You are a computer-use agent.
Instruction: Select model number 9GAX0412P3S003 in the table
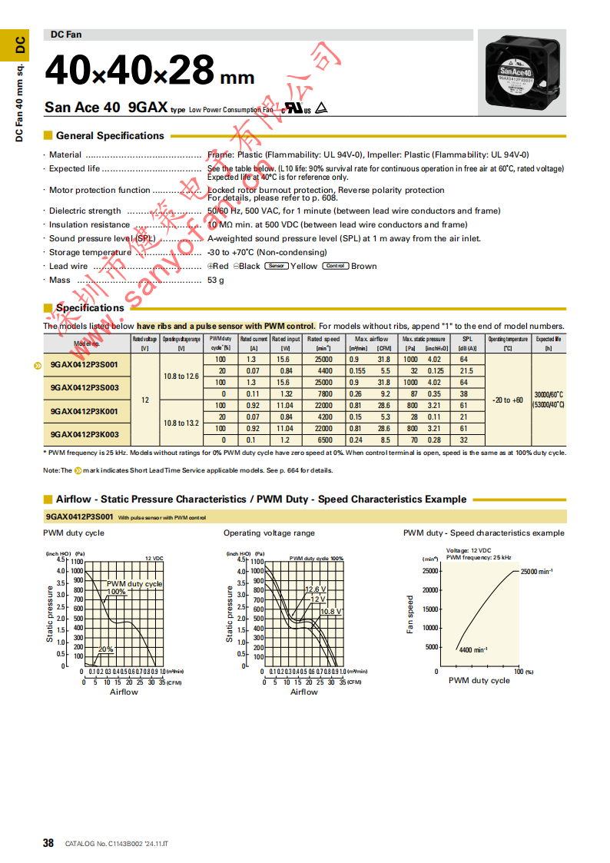(x=85, y=388)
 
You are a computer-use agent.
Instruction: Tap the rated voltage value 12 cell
(x=145, y=400)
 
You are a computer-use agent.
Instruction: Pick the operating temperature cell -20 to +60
(x=507, y=400)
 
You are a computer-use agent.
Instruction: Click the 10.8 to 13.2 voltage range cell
(x=181, y=423)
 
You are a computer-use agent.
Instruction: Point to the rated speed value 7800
(x=323, y=393)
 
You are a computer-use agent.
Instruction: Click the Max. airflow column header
(x=371, y=339)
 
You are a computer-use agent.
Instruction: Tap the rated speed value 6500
(x=323, y=440)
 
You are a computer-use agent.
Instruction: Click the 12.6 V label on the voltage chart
(x=316, y=589)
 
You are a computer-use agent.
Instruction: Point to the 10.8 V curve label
(x=331, y=611)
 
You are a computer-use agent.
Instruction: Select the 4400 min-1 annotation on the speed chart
(x=473, y=650)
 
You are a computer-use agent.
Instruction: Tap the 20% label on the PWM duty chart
(x=105, y=649)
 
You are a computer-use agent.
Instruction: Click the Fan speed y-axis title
(x=410, y=615)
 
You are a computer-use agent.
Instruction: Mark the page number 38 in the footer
(x=48, y=843)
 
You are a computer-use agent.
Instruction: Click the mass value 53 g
(x=216, y=280)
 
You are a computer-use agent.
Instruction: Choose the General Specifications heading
(x=110, y=136)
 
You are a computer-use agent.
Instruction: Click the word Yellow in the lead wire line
(x=303, y=266)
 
